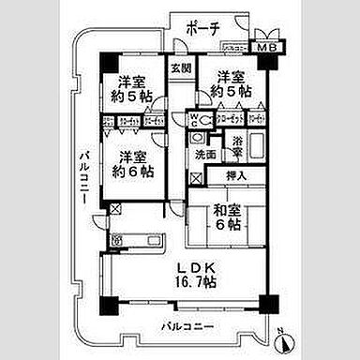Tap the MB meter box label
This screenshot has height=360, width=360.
tap(267, 46)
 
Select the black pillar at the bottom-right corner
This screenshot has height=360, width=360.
tap(269, 305)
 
